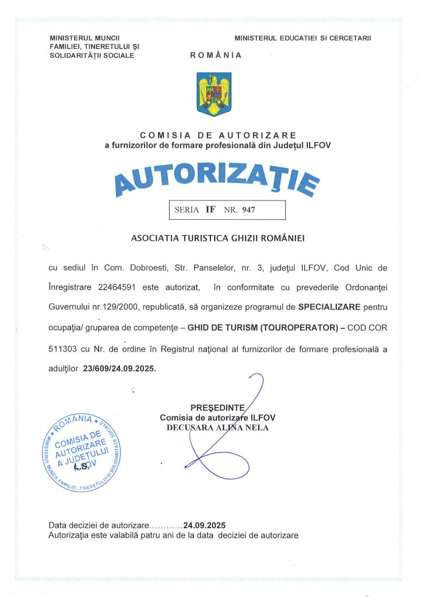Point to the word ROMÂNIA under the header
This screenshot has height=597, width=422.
point(216,55)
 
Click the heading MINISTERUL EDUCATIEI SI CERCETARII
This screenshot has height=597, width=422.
point(303,38)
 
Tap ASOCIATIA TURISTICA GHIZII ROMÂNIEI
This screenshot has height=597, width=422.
point(219,238)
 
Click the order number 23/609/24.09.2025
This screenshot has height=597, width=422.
point(120,368)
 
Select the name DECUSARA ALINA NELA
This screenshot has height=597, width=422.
point(217,427)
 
